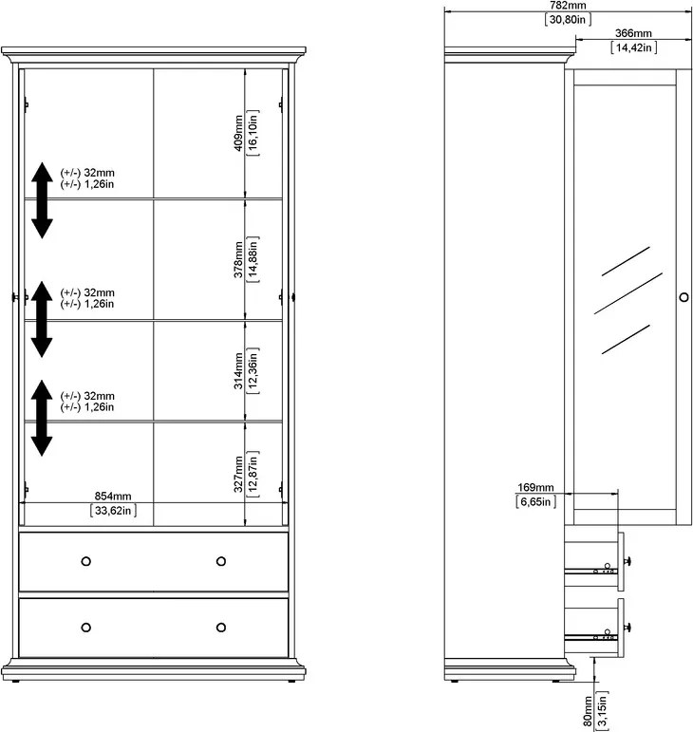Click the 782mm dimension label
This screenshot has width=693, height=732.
coord(568,6)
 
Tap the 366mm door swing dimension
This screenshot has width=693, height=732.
coord(633,33)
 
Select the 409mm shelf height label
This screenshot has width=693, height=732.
coord(238,133)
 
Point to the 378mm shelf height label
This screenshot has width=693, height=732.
coord(238,259)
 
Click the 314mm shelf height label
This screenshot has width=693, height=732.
coord(238,371)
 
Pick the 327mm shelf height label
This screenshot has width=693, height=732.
coord(238,475)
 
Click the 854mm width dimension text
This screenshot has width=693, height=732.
coord(113,497)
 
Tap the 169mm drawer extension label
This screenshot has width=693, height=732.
coord(535,487)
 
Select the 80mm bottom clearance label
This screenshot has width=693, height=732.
coord(588,711)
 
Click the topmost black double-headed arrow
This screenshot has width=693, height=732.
coord(42,200)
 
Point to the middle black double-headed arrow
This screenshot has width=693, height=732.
coord(42,319)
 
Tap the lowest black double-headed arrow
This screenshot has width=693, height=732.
coord(42,418)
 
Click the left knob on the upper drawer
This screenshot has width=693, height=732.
coord(85,561)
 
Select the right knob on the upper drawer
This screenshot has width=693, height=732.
coord(221,561)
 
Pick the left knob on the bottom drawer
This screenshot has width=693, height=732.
coord(85,628)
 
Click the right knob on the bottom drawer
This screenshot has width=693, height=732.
coord(221,628)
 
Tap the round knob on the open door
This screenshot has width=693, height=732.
coord(684,297)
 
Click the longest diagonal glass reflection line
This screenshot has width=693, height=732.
coord(628,293)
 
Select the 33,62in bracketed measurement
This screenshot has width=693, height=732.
coord(113,510)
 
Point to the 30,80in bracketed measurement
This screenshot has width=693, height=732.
coord(568,19)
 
